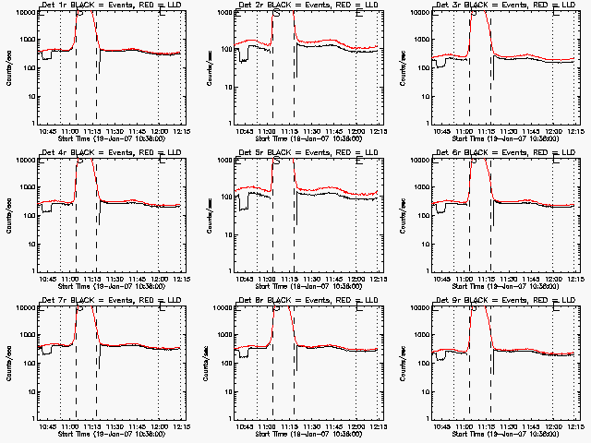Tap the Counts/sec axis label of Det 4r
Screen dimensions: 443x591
(8, 215)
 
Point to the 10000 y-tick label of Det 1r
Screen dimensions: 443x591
(23, 12)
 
